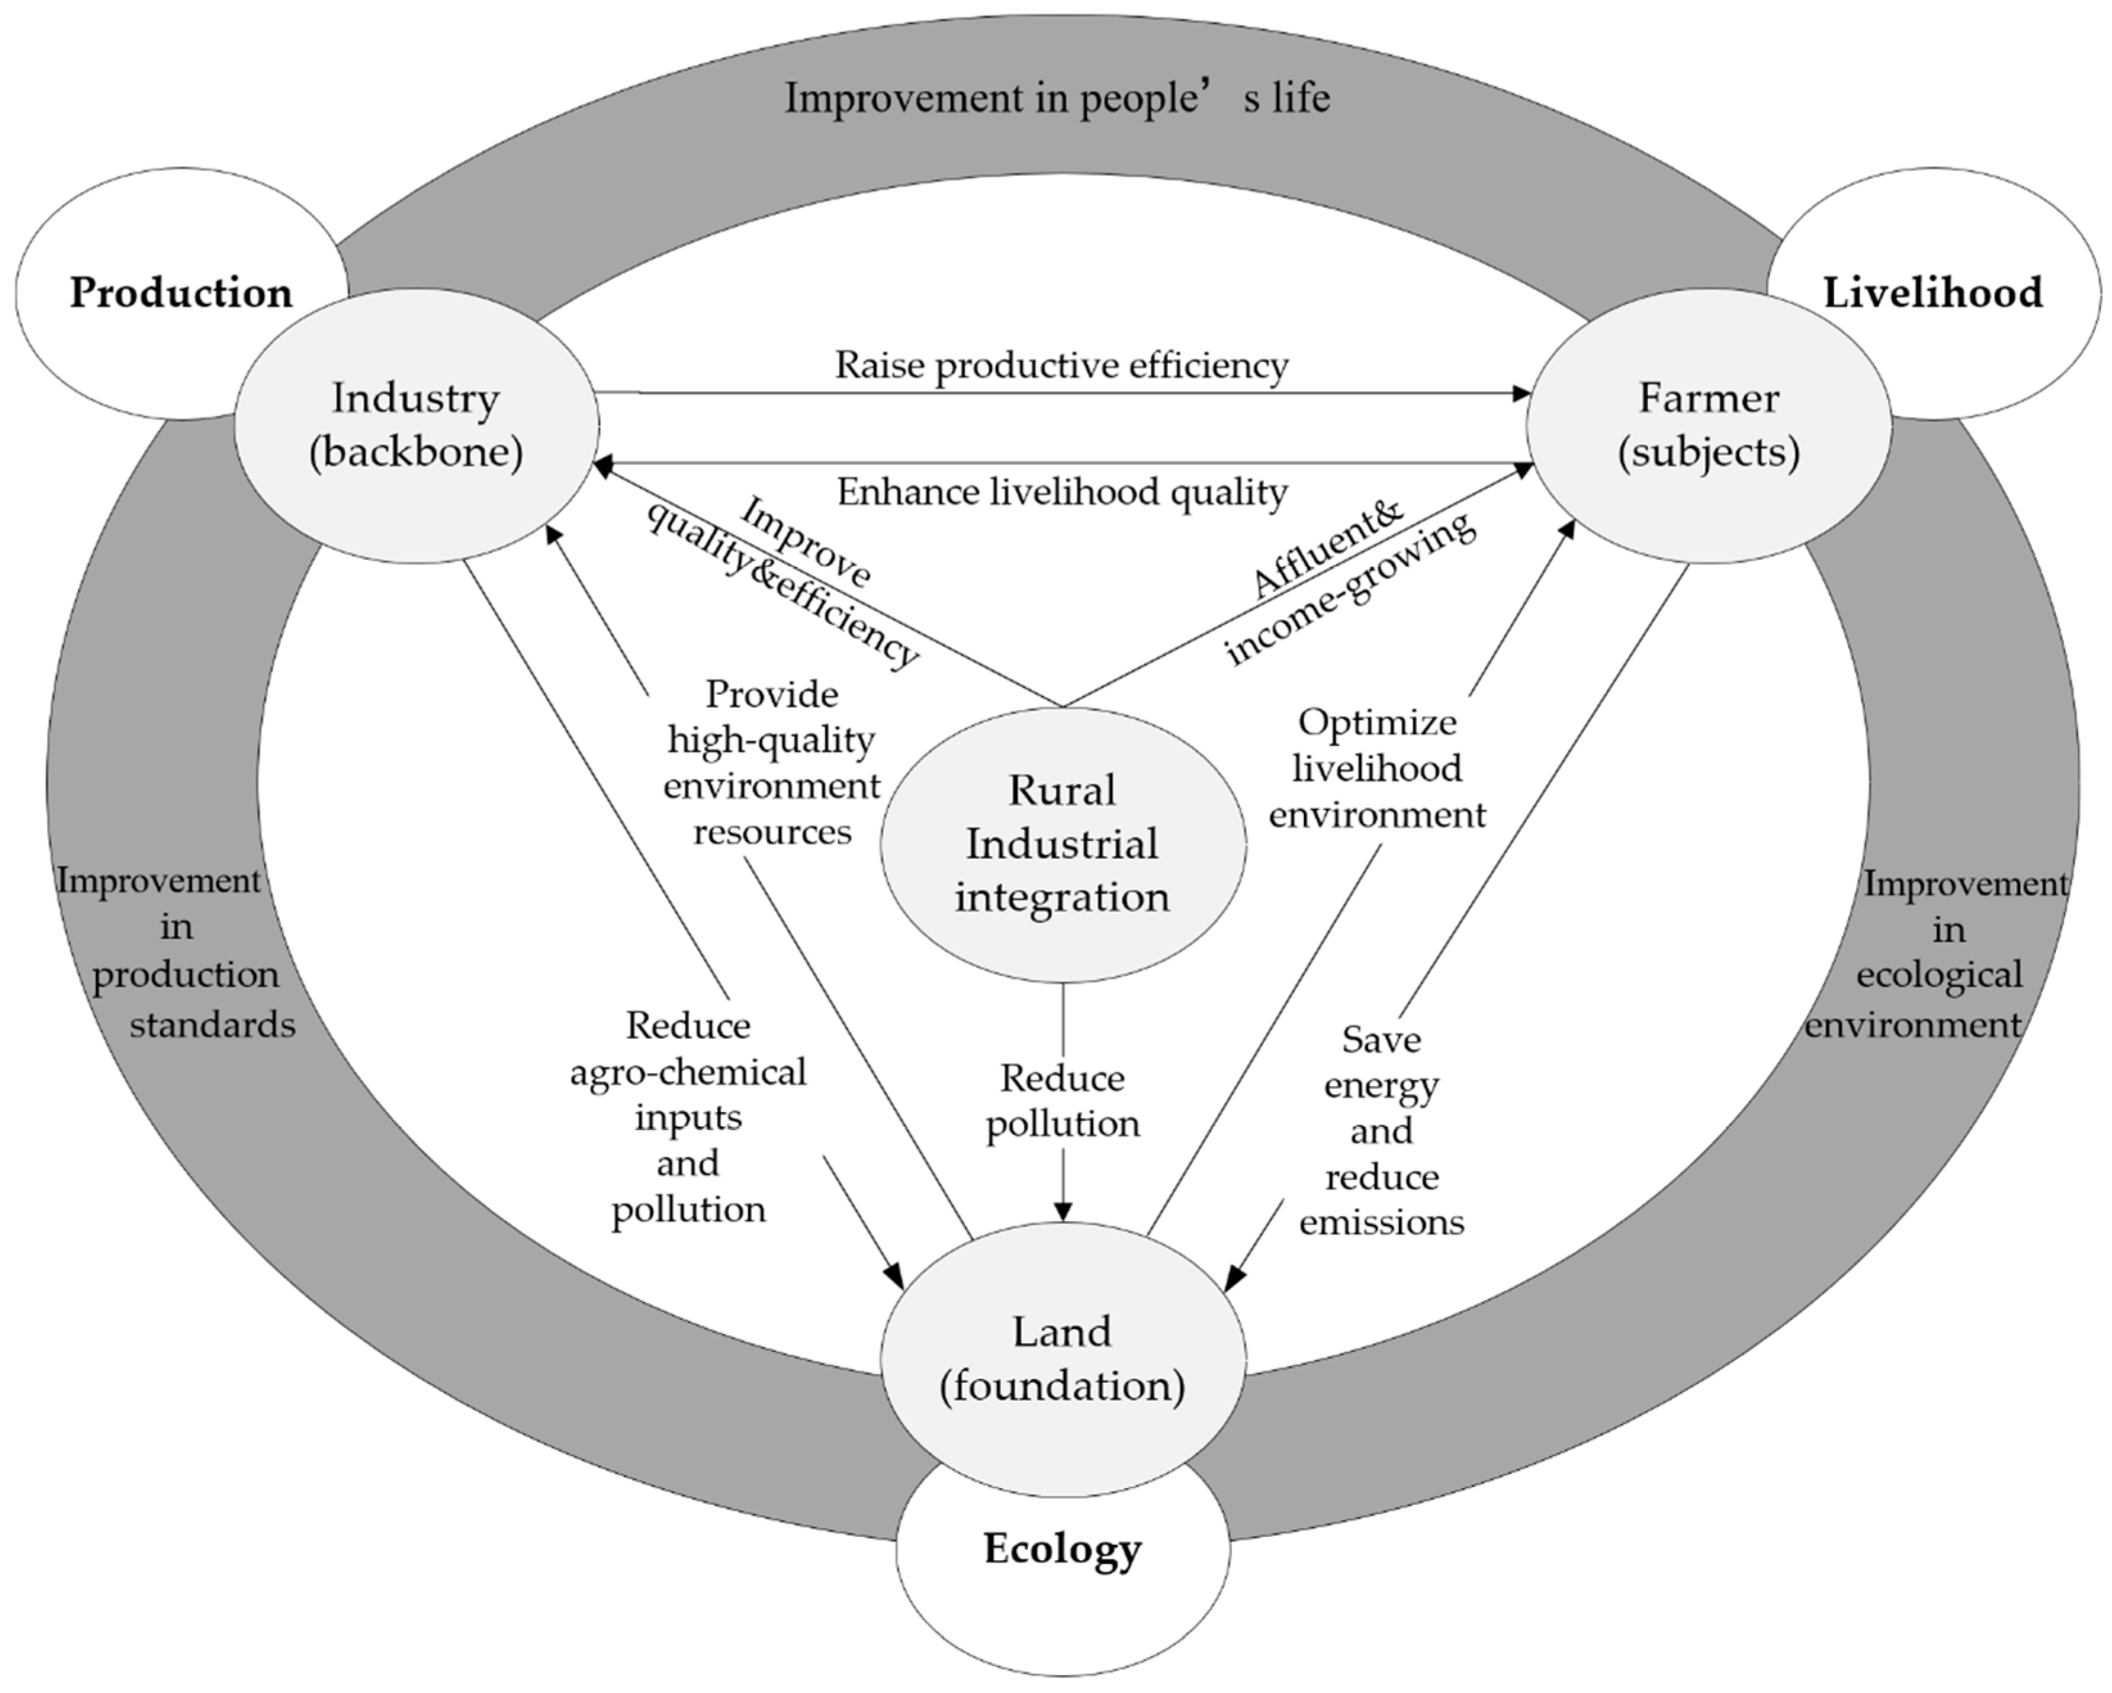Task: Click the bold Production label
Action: tap(181, 293)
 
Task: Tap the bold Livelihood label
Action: tap(1932, 293)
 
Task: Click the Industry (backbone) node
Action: tap(416, 425)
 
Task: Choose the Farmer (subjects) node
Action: tap(1708, 425)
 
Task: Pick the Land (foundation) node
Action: tap(1062, 1358)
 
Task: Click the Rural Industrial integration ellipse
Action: tap(1062, 844)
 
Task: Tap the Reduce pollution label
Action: tap(1063, 1100)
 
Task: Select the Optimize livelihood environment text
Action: tap(1377, 768)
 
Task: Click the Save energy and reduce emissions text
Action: tap(1381, 1130)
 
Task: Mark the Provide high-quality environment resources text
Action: tap(772, 762)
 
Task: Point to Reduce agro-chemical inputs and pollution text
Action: tap(689, 1117)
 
